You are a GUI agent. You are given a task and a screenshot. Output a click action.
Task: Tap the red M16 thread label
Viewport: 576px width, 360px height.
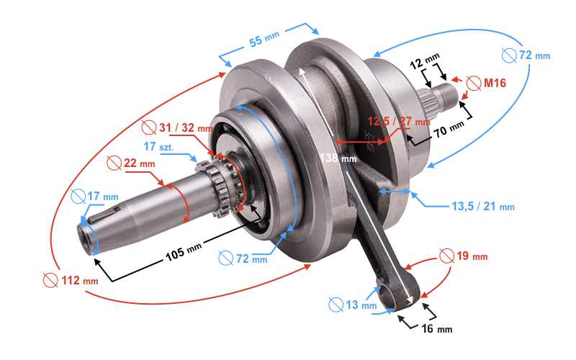coord(495,84)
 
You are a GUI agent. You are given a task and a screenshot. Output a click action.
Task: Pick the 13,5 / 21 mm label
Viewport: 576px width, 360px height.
coord(482,207)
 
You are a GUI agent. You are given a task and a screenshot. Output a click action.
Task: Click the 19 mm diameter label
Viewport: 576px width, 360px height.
coord(472,256)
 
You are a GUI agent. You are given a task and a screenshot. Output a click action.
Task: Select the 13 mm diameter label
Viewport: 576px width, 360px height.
coord(359,305)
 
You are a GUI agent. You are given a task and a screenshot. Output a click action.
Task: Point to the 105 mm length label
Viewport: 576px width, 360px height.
coord(184,251)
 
